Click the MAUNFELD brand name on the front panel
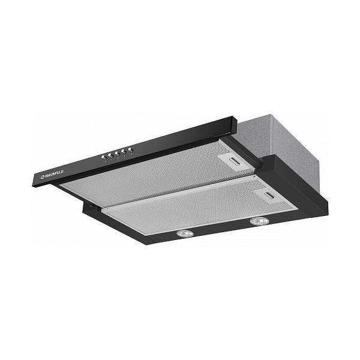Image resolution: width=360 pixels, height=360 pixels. (x=54, y=174)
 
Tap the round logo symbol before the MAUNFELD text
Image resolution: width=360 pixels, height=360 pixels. (x=43, y=176)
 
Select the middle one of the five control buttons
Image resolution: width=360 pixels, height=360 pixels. (x=118, y=154)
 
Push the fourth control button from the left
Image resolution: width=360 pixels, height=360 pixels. (x=124, y=152)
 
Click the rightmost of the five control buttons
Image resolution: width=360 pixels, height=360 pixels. (x=131, y=150)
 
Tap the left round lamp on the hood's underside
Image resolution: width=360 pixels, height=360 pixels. (x=185, y=233)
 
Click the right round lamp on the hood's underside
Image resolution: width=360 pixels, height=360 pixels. (x=259, y=221)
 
